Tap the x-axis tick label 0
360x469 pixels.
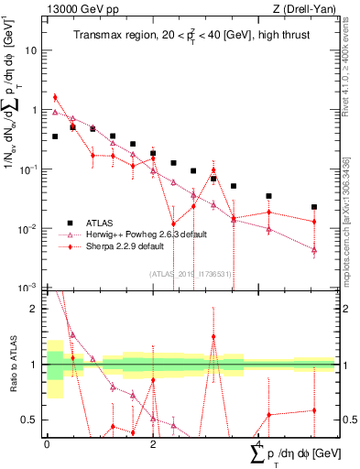click(x=47, y=443)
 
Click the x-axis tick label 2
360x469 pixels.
click(x=153, y=443)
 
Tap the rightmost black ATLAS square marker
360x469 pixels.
click(x=314, y=207)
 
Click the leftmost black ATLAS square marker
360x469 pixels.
click(x=55, y=136)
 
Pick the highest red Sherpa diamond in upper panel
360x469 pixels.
click(x=55, y=97)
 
